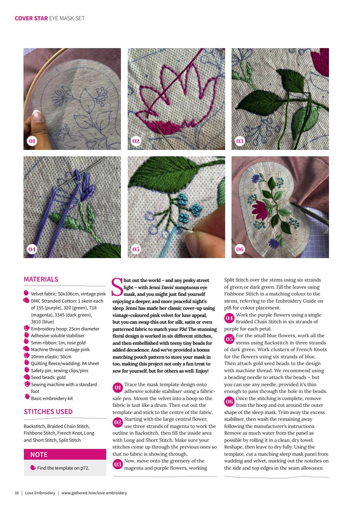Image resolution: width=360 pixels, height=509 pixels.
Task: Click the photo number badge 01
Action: pyautogui.click(x=32, y=141)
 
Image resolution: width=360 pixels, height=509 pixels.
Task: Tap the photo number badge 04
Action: pyautogui.click(x=32, y=249)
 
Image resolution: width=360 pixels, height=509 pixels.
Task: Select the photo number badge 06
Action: pyautogui.click(x=239, y=249)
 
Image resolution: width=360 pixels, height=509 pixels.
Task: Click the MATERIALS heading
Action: pyautogui.click(x=41, y=279)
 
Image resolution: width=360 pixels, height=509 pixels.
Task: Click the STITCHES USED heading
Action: pyautogui.click(x=48, y=412)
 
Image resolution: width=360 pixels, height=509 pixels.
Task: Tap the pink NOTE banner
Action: pyautogui.click(x=65, y=455)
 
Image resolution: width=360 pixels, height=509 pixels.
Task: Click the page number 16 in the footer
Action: pyautogui.click(x=17, y=493)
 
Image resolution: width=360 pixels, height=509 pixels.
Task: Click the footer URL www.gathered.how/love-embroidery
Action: pyautogui.click(x=94, y=493)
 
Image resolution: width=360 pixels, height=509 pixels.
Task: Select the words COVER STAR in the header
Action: pyautogui.click(x=31, y=18)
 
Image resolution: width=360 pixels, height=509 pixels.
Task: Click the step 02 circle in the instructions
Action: pyautogui.click(x=117, y=422)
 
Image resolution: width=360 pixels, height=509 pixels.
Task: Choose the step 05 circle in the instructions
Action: pyautogui.click(x=229, y=339)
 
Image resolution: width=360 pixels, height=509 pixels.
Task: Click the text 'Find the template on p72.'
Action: pyautogui.click(x=63, y=468)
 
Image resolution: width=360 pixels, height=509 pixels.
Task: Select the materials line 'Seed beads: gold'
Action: pyautogui.click(x=48, y=377)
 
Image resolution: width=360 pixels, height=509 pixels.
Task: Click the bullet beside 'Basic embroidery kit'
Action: pyautogui.click(x=27, y=398)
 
